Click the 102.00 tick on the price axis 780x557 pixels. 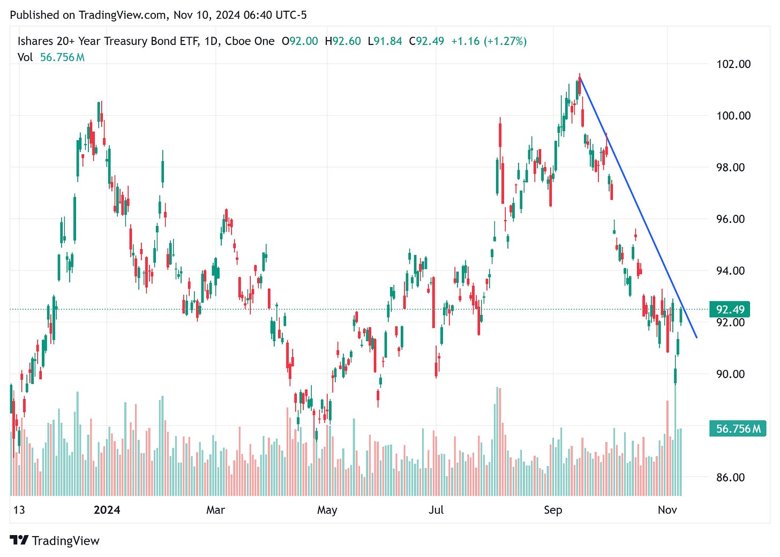click(x=733, y=64)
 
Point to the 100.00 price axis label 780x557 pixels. click(x=733, y=116)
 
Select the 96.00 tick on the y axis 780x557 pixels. click(x=731, y=219)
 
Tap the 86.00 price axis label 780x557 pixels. click(x=731, y=477)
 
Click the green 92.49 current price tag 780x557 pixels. click(x=730, y=310)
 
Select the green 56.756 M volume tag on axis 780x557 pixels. click(x=737, y=429)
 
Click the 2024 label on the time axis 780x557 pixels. click(x=107, y=510)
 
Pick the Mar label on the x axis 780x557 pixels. click(x=215, y=510)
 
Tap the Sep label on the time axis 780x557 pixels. click(x=553, y=510)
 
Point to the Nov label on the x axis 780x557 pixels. click(x=667, y=510)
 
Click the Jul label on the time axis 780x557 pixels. click(x=436, y=510)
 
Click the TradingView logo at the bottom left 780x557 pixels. click(x=55, y=540)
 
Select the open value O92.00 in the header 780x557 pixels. click(x=299, y=41)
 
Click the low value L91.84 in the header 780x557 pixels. click(x=385, y=41)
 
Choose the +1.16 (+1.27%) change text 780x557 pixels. click(x=489, y=41)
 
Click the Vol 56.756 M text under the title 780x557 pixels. click(x=51, y=57)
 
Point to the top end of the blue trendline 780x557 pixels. click(x=580, y=77)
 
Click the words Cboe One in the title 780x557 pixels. click(x=250, y=41)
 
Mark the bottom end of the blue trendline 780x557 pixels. click(x=696, y=337)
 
